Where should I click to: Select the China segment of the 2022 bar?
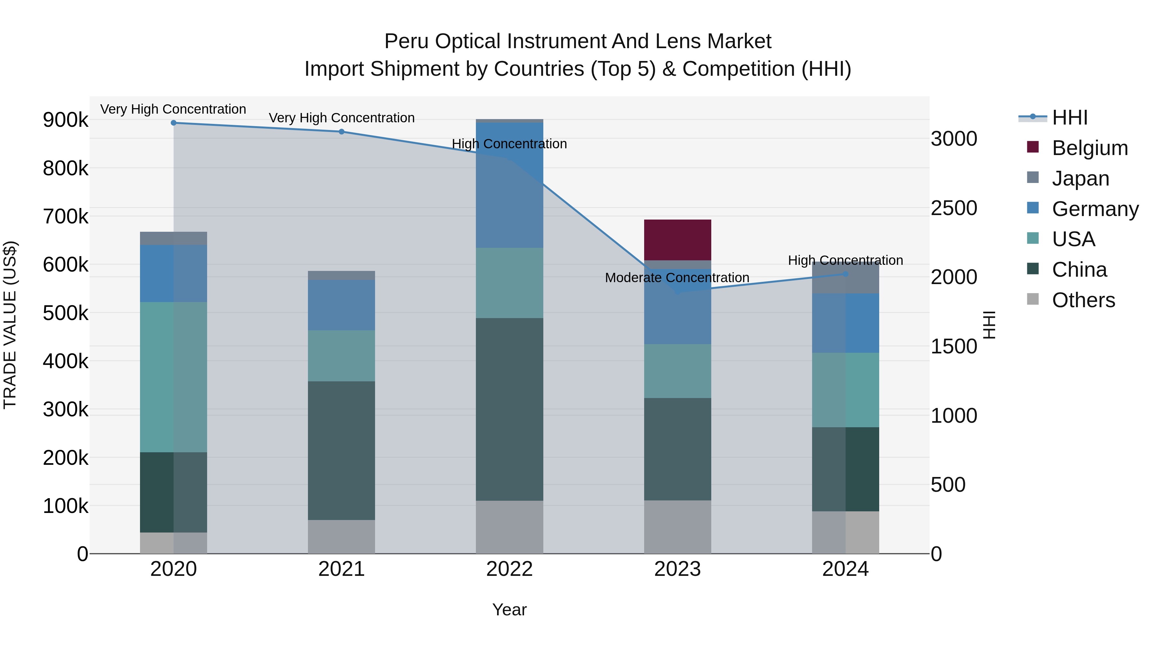[x=509, y=409]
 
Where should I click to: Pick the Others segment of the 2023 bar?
[x=677, y=527]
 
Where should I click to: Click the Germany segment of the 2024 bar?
[x=845, y=323]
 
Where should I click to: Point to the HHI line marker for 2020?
[x=174, y=123]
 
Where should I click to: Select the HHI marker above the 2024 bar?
[x=845, y=274]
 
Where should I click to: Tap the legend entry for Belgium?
[x=1090, y=148]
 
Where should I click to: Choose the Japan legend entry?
[x=1080, y=178]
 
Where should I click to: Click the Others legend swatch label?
[x=1083, y=300]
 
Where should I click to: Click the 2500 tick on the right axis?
[x=954, y=208]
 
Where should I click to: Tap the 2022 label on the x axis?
[x=509, y=569]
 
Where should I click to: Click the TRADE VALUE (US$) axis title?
[x=10, y=325]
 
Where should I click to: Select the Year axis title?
[x=509, y=610]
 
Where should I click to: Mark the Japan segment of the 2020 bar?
[x=174, y=238]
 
